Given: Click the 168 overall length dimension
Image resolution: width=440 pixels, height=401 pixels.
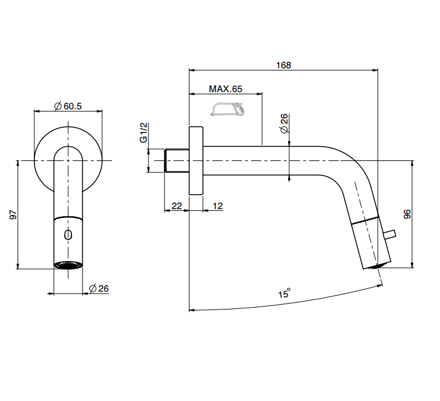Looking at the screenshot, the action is pyautogui.click(x=283, y=65).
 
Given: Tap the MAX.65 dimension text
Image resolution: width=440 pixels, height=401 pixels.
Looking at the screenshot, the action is pyautogui.click(x=225, y=89).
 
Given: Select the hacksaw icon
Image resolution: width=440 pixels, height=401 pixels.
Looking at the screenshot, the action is pyautogui.click(x=227, y=109).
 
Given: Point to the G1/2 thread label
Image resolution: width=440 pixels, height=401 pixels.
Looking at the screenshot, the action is pyautogui.click(x=143, y=132).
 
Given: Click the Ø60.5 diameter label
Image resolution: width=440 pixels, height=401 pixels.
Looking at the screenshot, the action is pyautogui.click(x=68, y=106).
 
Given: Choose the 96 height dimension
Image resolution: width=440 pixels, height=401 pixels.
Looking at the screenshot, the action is pyautogui.click(x=407, y=214).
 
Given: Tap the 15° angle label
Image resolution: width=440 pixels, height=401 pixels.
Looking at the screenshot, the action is pyautogui.click(x=284, y=293).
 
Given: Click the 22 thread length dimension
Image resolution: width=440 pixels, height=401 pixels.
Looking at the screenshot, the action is pyautogui.click(x=176, y=206).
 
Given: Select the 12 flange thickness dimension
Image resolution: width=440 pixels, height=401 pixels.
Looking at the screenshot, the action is pyautogui.click(x=217, y=206).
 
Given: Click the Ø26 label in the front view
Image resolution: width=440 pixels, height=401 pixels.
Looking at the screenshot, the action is pyautogui.click(x=99, y=288).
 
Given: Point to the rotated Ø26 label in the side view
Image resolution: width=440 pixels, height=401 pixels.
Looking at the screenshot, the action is pyautogui.click(x=284, y=124).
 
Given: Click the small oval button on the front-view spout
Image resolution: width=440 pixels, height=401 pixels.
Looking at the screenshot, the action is pyautogui.click(x=68, y=235).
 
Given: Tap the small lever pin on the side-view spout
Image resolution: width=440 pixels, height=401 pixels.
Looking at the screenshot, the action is pyautogui.click(x=390, y=234).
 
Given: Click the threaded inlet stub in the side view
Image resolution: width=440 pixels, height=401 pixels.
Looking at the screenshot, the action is pyautogui.click(x=176, y=160).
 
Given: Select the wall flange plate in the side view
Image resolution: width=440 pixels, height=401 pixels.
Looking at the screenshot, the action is pyautogui.click(x=196, y=160).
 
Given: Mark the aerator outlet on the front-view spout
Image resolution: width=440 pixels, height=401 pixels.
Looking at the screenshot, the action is pyautogui.click(x=68, y=265).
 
